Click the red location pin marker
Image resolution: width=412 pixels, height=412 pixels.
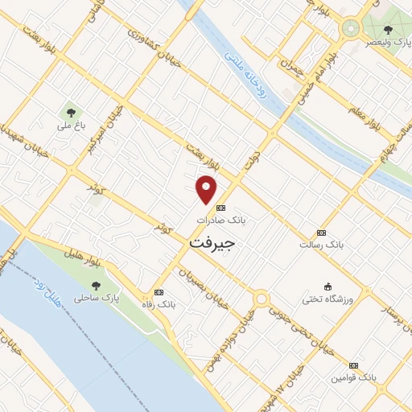pyautogui.click(x=208, y=189)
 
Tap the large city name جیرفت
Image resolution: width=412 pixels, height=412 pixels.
pyautogui.click(x=213, y=241)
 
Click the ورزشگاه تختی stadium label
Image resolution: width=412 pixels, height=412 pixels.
pyautogui.click(x=328, y=299)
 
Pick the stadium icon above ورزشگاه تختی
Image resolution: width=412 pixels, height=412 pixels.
pyautogui.click(x=328, y=286)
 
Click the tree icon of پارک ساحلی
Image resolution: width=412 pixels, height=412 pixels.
pyautogui.click(x=97, y=286)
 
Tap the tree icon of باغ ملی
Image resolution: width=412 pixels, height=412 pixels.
pyautogui.click(x=71, y=112)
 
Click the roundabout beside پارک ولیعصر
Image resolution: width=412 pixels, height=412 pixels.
pyautogui.click(x=350, y=28)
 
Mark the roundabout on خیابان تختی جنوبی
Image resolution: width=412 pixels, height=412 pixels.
pyautogui.click(x=262, y=299)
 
